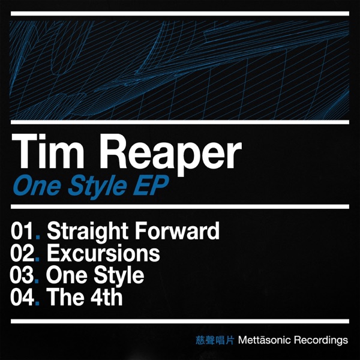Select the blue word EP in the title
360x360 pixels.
(152, 184)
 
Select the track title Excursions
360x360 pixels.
(103, 253)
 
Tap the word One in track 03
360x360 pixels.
(65, 275)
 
